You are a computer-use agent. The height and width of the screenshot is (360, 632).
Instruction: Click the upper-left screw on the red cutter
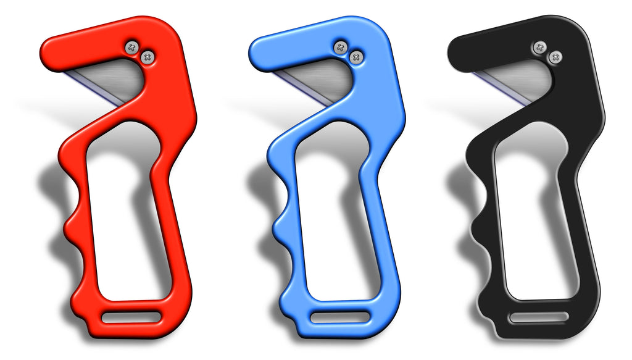point(131,47)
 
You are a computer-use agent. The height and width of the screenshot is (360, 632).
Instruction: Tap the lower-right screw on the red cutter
point(148,57)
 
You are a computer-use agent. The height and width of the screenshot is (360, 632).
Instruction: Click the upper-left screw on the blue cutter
point(340,47)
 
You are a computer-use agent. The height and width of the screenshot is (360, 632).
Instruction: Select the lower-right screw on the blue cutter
point(355,57)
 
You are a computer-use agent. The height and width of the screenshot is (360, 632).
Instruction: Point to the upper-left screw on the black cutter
point(541,47)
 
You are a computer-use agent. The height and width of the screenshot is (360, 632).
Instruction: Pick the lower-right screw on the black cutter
point(556,57)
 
